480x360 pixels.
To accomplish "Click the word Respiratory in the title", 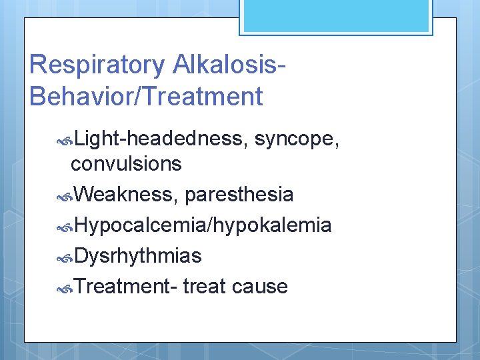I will [97, 65].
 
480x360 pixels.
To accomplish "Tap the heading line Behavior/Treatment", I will [147, 97].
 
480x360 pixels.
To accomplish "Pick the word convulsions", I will [126, 163].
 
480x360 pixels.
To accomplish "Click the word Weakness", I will [126, 195].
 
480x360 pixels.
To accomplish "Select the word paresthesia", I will [239, 195].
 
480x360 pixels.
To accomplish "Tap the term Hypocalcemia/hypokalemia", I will [203, 225].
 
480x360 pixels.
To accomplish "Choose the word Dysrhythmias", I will [138, 256].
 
